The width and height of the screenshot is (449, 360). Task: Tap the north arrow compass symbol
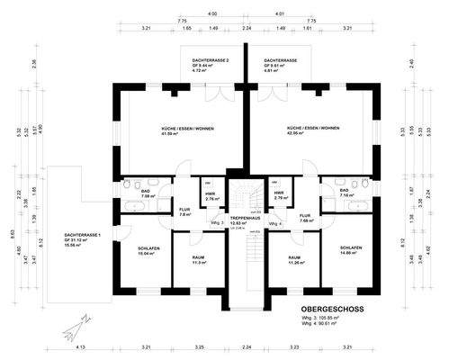(69, 335)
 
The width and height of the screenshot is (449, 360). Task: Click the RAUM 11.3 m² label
(200, 259)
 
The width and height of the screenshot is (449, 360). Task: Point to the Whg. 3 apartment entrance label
(216, 222)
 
